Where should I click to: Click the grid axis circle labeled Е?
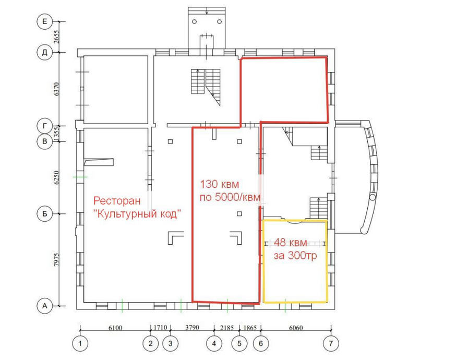[44, 21]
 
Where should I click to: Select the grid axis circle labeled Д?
[44, 52]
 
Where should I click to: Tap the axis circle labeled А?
[44, 306]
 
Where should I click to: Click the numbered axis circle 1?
[80, 343]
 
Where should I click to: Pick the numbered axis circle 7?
[331, 343]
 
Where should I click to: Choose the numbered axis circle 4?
[214, 343]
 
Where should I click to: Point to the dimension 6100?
[115, 328]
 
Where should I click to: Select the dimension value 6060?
[296, 328]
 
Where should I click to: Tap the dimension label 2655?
[56, 37]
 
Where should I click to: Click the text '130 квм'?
[219, 184]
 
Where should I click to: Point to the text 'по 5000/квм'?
[230, 197]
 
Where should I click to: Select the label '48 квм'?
[290, 243]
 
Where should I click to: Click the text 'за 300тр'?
[295, 256]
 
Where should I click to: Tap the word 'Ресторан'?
[117, 201]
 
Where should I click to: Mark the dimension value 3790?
[192, 328]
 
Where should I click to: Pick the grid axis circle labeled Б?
[44, 214]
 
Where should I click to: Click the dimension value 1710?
[160, 328]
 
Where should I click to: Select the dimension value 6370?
[56, 89]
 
